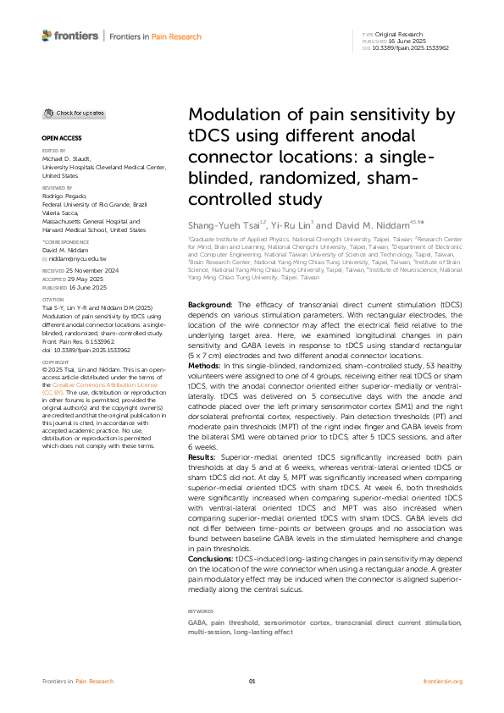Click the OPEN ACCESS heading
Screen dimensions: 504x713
(x=58, y=137)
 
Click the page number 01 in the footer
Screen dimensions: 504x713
(x=252, y=681)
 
